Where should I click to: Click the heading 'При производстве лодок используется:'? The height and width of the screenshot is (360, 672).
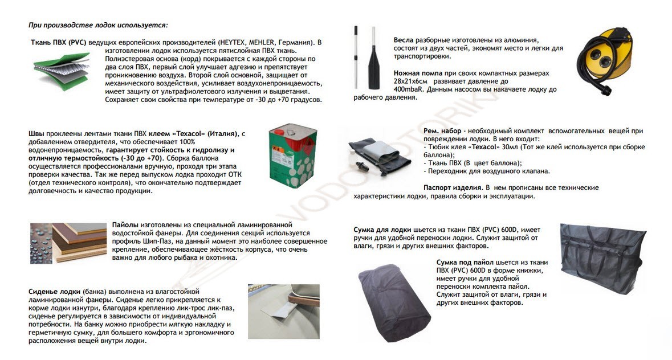[x=98, y=25]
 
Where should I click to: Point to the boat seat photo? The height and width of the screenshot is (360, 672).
[x=283, y=311]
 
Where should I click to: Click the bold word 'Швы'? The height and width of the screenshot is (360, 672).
[x=36, y=133]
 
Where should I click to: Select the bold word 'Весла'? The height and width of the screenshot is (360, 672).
[x=404, y=40]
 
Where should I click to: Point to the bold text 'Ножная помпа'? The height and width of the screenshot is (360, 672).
[x=417, y=73]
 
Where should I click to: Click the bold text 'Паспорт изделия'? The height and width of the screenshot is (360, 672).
[x=452, y=187]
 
